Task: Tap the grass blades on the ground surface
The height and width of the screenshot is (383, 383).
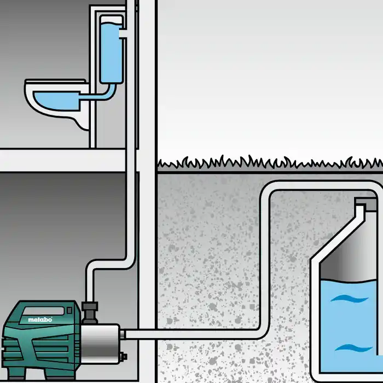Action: (x=263, y=163)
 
